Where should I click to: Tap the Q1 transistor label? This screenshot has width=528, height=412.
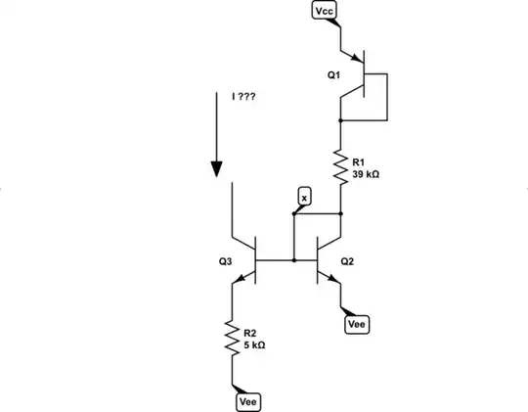[x=334, y=74]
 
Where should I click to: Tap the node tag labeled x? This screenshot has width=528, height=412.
[x=303, y=198]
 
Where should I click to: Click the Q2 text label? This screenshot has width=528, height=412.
[x=347, y=262]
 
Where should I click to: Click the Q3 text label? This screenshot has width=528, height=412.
[x=226, y=262]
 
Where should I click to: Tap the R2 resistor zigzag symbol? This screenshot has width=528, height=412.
[x=233, y=336]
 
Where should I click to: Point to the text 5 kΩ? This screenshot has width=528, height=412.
[x=253, y=344]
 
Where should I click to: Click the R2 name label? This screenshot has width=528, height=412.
[x=249, y=333]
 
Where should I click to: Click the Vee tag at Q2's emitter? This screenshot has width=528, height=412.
[x=358, y=323]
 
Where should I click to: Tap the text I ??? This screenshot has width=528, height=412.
[x=243, y=98]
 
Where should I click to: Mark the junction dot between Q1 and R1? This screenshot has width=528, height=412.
[x=340, y=118]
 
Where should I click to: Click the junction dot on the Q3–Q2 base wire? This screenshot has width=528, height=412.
[x=294, y=260]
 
